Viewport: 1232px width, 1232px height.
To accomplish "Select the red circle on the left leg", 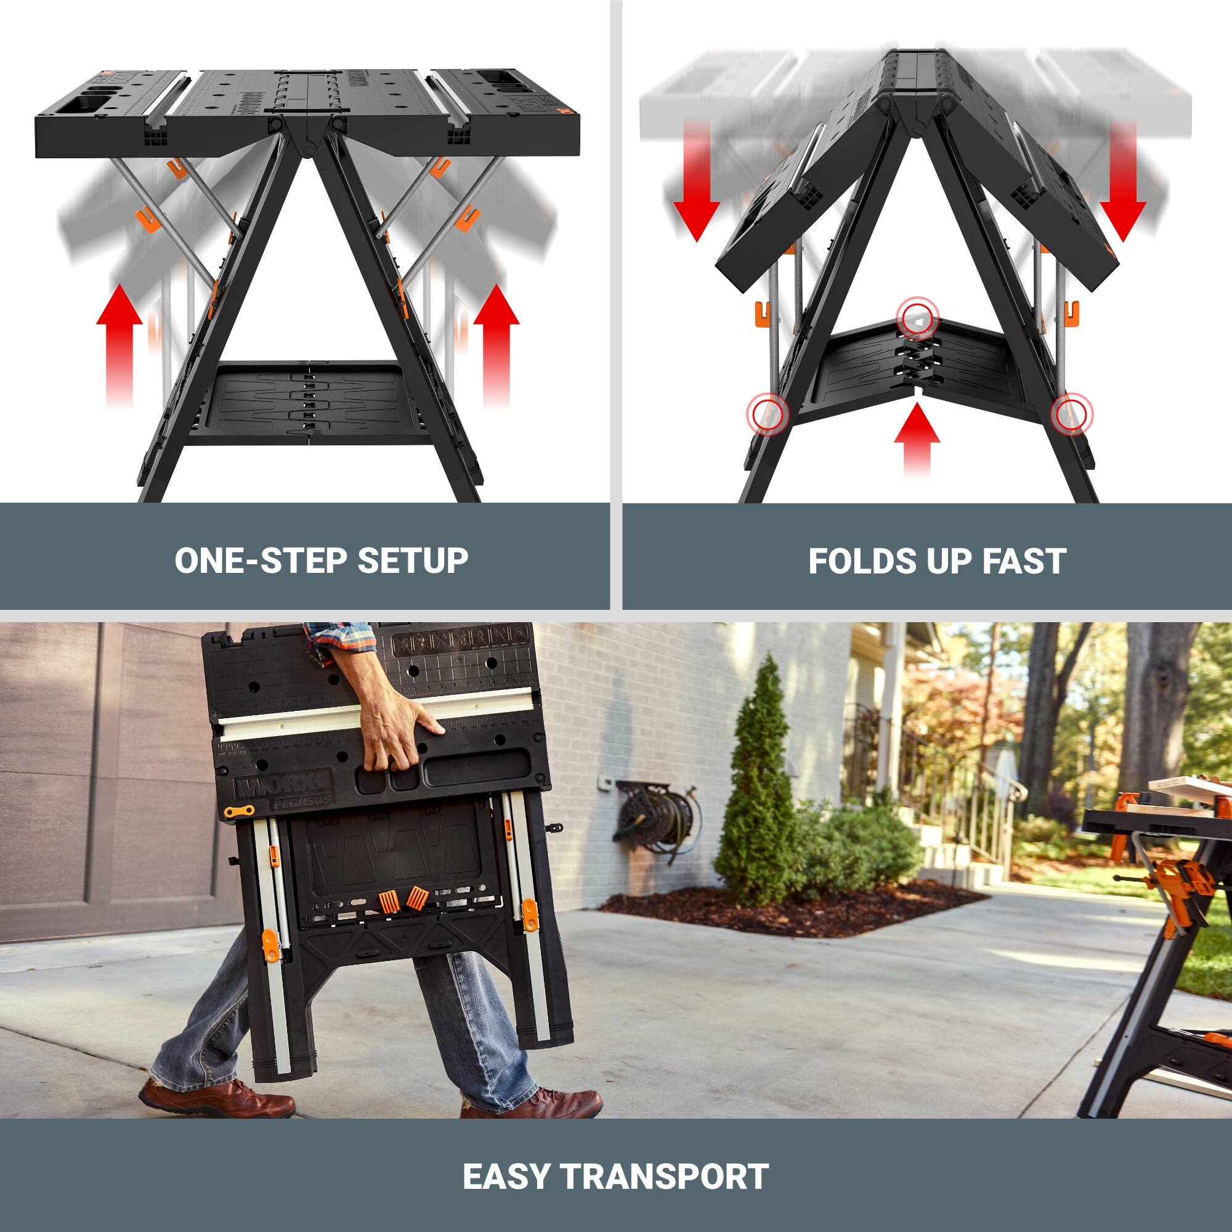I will [x=768, y=414].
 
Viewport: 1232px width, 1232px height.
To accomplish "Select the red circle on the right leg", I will [x=1071, y=414].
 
